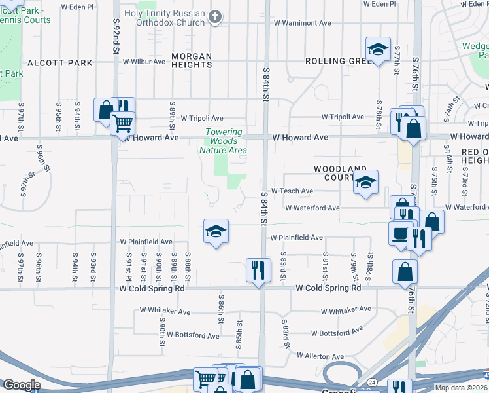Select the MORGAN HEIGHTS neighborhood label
[x=192, y=61]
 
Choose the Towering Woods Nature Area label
[x=226, y=141]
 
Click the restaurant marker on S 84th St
[x=258, y=269]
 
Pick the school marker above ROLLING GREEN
[x=377, y=49]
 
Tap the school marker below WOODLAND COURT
[x=365, y=183]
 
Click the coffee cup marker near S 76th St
[x=400, y=234]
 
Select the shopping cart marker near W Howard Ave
[x=122, y=122]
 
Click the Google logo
[x=22, y=384]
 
